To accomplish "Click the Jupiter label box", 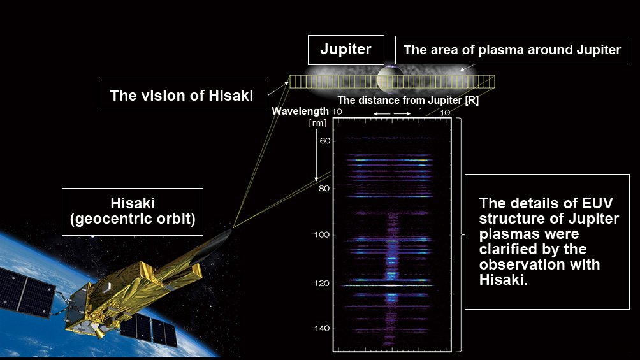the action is (x=345, y=50).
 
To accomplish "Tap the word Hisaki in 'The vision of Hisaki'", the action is (x=231, y=96).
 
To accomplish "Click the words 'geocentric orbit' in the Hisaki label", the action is (x=136, y=219).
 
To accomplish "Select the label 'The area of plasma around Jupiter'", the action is (x=513, y=50).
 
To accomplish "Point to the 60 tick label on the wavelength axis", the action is (x=325, y=141).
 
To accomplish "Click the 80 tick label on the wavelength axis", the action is (x=324, y=189).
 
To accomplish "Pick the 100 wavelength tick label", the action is (x=322, y=234).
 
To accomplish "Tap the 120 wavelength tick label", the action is (x=322, y=283).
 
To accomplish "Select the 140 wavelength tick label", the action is (x=322, y=328).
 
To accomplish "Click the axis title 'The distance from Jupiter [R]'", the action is (x=408, y=101).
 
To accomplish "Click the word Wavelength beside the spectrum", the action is (x=300, y=111).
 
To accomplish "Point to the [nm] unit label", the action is (x=317, y=122).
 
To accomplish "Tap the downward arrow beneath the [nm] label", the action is (x=316, y=155).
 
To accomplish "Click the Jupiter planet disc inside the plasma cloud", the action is (x=390, y=78).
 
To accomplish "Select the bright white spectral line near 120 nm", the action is (x=388, y=285).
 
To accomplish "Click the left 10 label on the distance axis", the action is (x=337, y=112).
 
